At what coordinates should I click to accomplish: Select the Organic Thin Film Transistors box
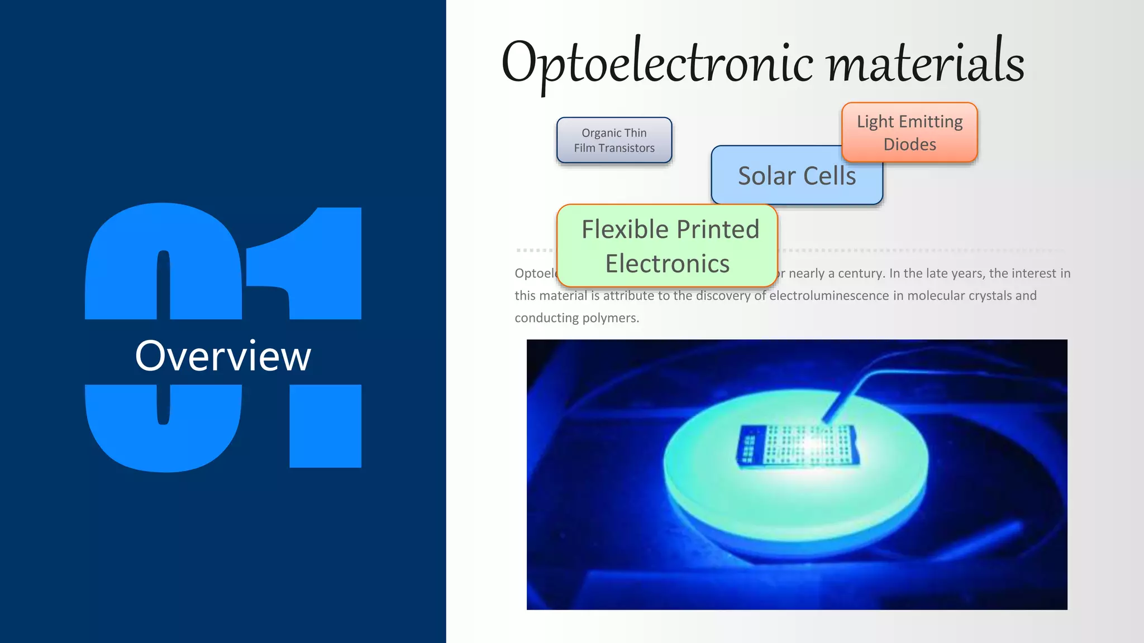pyautogui.click(x=614, y=140)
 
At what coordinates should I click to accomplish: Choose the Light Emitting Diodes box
pyautogui.click(x=909, y=132)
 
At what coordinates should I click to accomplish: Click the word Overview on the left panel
pyautogui.click(x=223, y=356)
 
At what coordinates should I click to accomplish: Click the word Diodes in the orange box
pyautogui.click(x=909, y=145)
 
